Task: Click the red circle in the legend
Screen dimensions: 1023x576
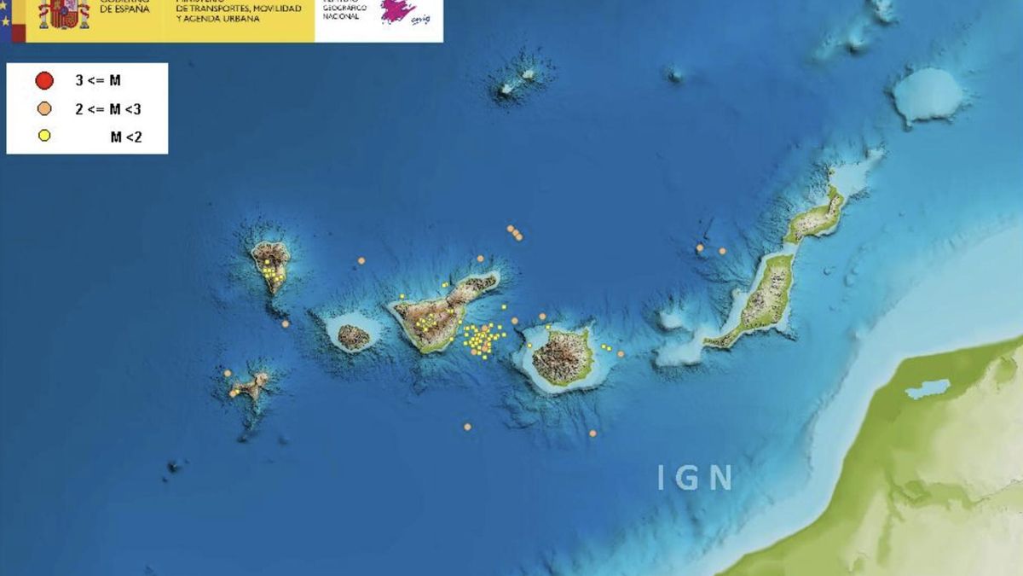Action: click(44, 81)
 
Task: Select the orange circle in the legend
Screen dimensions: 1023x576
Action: click(44, 108)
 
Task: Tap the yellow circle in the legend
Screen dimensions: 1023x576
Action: click(44, 136)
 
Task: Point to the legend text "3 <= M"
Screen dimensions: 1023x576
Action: click(98, 81)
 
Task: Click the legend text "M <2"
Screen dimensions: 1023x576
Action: click(126, 137)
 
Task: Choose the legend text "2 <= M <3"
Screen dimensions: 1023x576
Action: click(109, 109)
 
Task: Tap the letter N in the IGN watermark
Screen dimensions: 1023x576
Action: click(721, 478)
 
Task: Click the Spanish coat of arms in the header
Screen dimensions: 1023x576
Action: click(63, 14)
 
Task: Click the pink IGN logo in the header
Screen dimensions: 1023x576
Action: click(397, 11)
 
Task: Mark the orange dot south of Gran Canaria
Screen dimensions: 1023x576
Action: click(592, 433)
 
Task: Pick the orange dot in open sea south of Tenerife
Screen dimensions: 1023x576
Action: click(467, 427)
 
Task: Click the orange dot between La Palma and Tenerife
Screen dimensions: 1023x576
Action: click(361, 260)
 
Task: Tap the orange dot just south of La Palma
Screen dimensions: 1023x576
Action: click(285, 323)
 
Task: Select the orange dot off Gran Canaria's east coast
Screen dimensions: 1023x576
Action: click(621, 353)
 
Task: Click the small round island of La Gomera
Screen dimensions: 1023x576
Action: click(354, 336)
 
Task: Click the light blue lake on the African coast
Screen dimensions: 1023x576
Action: click(928, 388)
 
